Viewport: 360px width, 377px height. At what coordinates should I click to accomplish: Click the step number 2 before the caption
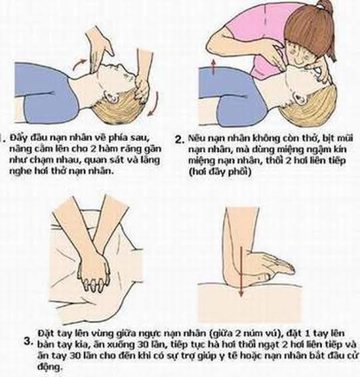point(180,140)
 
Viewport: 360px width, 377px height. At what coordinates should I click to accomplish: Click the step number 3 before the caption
point(29,341)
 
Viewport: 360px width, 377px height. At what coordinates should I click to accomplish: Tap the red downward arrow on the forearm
point(242,272)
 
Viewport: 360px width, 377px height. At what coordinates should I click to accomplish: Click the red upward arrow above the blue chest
point(213,67)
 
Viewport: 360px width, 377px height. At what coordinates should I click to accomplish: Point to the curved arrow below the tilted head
point(154,104)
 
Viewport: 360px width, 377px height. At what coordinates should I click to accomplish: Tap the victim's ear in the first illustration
point(113,96)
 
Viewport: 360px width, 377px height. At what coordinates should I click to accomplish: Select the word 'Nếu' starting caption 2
point(196,138)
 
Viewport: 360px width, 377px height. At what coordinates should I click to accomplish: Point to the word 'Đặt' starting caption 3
point(46,334)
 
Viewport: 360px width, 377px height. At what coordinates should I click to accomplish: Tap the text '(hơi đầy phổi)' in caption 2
point(220,172)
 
